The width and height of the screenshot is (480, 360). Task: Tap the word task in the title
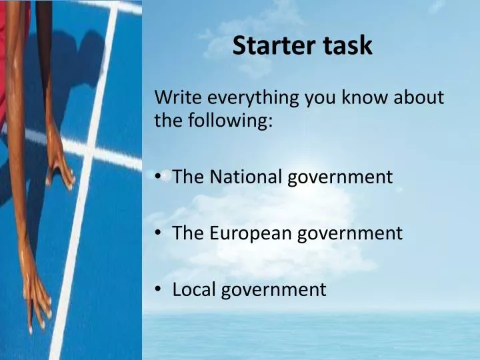click(347, 45)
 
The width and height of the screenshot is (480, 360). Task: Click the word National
click(244, 177)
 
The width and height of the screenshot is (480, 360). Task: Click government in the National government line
click(340, 178)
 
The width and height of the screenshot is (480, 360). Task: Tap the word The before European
click(187, 233)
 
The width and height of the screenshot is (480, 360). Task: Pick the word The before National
click(187, 177)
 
